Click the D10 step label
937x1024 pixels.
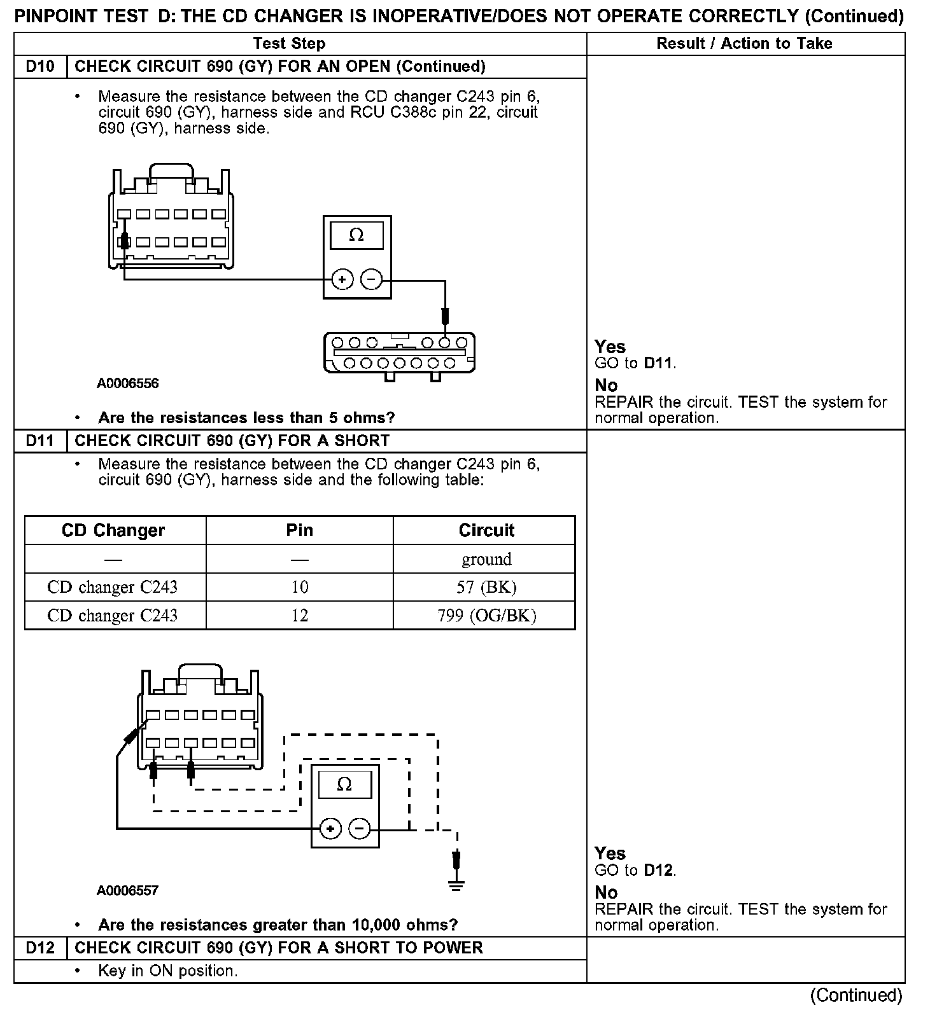click(x=40, y=67)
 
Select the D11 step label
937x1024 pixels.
click(x=40, y=441)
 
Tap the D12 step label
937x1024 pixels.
click(x=40, y=948)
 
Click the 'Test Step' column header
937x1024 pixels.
click(x=289, y=43)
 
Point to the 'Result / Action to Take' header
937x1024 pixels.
click(x=744, y=43)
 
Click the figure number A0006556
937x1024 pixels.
click(x=128, y=384)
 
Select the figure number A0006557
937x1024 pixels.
click(x=127, y=890)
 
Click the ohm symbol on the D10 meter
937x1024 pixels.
click(x=356, y=235)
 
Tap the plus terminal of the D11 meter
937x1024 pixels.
click(x=330, y=828)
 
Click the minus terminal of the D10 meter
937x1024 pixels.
click(x=372, y=279)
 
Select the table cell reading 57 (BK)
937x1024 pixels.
click(x=486, y=587)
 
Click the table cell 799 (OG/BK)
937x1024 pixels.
click(x=486, y=616)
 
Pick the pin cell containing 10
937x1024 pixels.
click(x=299, y=587)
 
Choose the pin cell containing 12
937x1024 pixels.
click(x=299, y=616)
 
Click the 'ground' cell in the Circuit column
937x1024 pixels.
click(x=486, y=559)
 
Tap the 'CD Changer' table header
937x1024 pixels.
click(x=113, y=530)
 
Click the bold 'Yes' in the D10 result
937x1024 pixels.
click(x=610, y=347)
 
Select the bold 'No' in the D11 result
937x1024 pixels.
click(x=606, y=892)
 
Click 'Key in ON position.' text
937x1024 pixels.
click(x=168, y=971)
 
